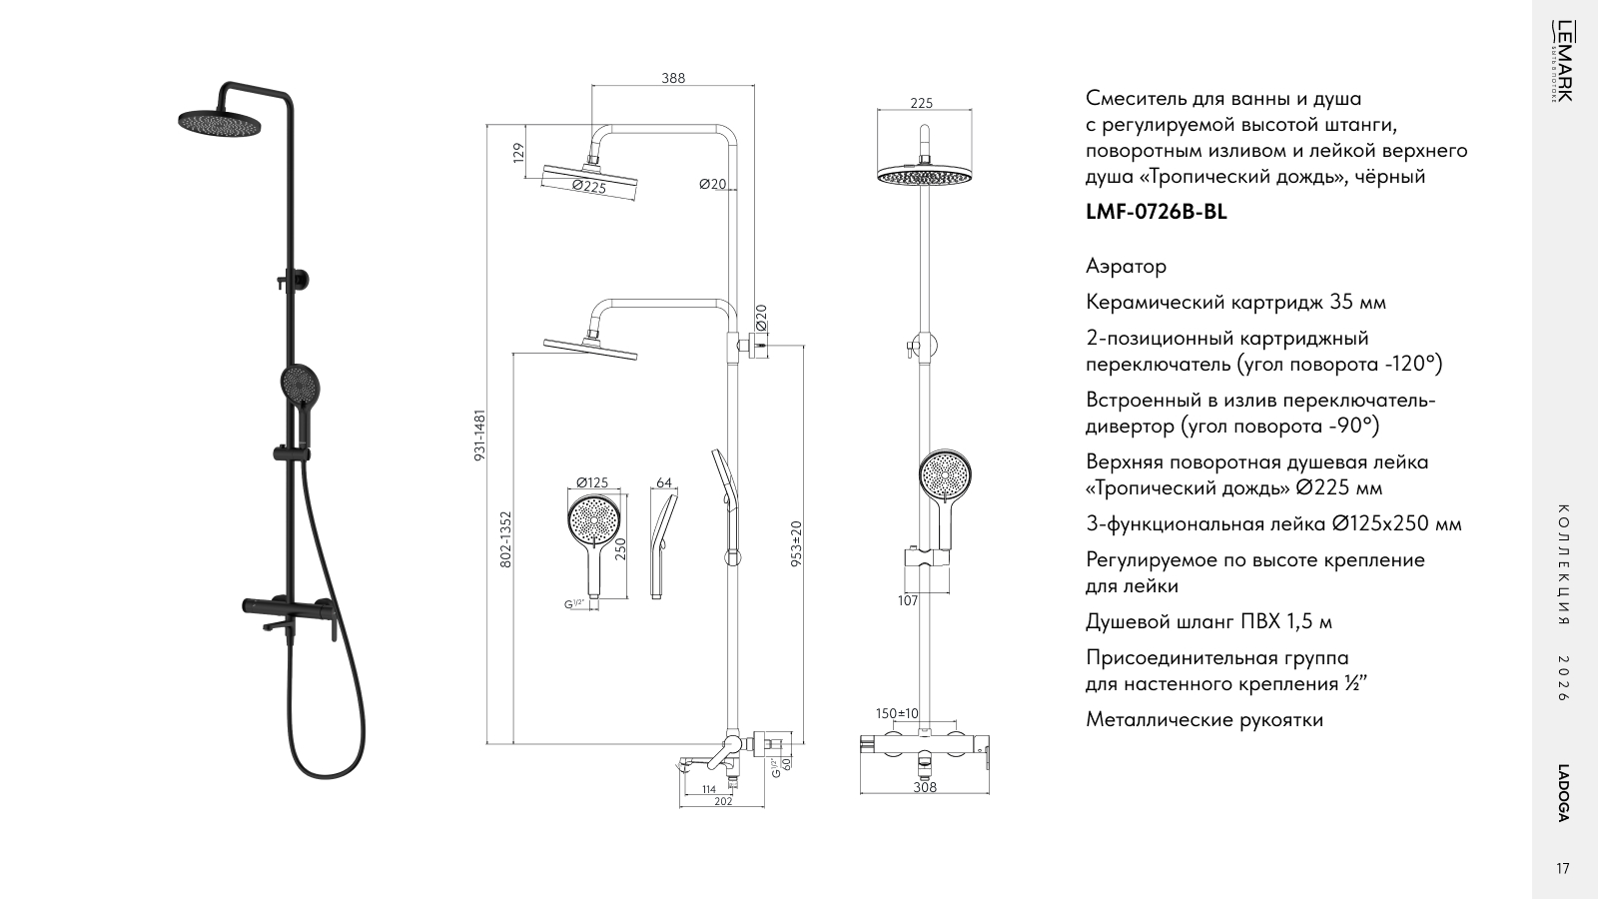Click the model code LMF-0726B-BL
coord(1157,212)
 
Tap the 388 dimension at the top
coord(673,79)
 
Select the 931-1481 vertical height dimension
coord(480,435)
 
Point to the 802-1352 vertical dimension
coord(505,539)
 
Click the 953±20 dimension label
coord(797,543)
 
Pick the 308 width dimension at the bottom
coord(925,787)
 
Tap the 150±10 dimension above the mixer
coord(898,713)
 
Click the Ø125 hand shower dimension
coord(592,482)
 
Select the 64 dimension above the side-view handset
coord(664,483)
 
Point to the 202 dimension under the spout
coord(723,801)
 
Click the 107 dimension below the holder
coord(908,600)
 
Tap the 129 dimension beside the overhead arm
coord(518,152)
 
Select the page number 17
coord(1562,869)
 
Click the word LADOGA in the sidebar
coord(1562,793)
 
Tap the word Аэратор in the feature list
coord(1127,266)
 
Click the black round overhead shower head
coord(220,121)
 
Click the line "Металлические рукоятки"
coord(1204,719)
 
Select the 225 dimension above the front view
coord(922,104)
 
